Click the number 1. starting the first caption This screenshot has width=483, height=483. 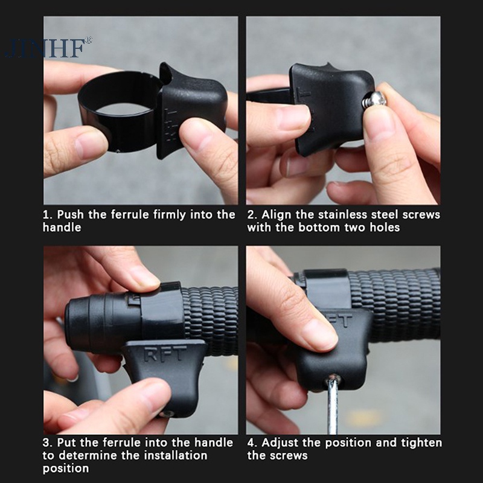coord(48,215)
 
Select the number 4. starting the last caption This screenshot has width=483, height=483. coord(252,443)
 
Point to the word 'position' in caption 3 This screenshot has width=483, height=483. coord(65,468)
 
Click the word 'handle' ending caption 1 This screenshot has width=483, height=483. coord(62,228)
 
